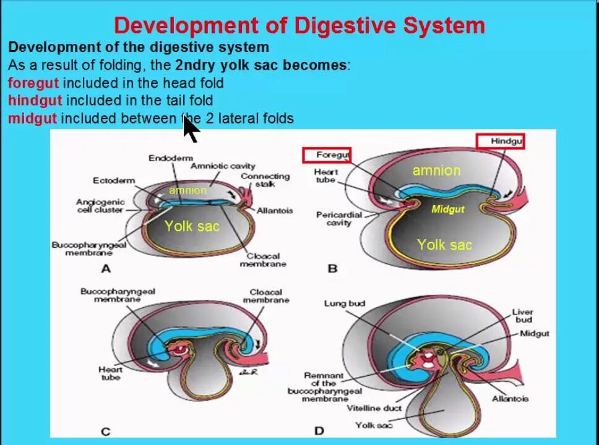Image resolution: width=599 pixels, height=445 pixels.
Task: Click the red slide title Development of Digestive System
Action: tap(299, 25)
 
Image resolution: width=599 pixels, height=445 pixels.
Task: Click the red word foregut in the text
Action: tap(33, 83)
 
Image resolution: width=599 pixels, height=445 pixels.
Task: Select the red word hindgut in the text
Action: tap(35, 100)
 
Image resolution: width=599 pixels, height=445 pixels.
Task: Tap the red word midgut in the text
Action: tap(32, 118)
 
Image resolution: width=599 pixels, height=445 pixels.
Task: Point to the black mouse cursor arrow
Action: tap(190, 128)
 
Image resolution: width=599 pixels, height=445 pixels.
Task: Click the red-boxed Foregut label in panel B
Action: tap(326, 155)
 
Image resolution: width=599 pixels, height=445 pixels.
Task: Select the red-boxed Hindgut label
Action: tap(500, 142)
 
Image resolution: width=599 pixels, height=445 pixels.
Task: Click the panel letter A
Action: tap(106, 268)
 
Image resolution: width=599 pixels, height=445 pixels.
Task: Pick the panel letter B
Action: tap(332, 268)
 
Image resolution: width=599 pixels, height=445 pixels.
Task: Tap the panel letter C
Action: tap(106, 431)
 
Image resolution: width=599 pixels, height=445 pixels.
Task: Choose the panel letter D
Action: tap(319, 431)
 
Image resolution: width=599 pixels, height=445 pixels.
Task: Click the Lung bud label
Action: tap(345, 303)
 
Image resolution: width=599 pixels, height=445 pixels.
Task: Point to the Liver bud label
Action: tap(522, 316)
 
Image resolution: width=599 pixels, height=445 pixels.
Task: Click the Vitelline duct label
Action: tap(374, 408)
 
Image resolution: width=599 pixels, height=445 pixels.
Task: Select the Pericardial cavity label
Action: tap(338, 219)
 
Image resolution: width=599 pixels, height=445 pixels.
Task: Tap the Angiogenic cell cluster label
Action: tap(100, 206)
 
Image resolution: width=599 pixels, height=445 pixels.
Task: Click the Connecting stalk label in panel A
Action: tap(257, 180)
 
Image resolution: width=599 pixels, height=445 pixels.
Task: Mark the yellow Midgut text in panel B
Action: tap(447, 210)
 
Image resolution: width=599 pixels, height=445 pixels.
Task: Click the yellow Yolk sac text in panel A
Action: tap(192, 226)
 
